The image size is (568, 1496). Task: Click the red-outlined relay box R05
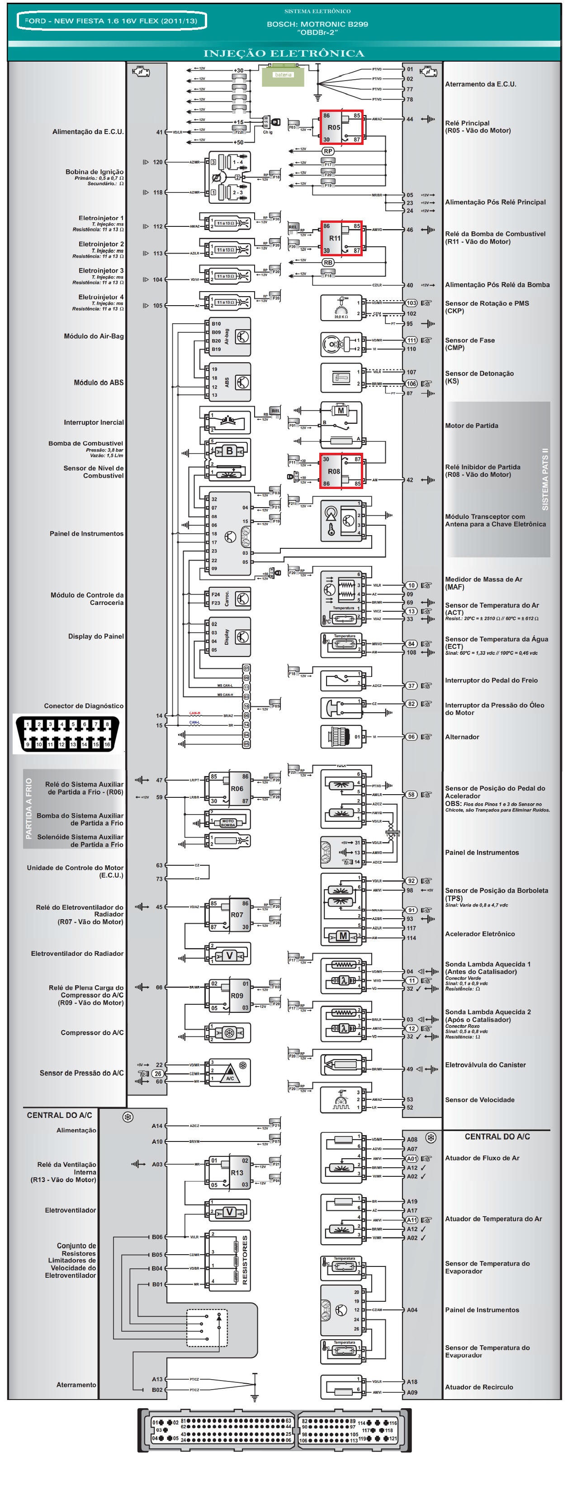[342, 127]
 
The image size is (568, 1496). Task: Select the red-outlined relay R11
[342, 238]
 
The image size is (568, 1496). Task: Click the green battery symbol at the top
[283, 76]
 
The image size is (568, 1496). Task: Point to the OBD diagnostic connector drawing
[67, 734]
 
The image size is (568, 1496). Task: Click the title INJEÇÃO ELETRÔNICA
[284, 53]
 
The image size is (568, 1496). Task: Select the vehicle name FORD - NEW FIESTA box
[112, 21]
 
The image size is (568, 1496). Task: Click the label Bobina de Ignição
[94, 172]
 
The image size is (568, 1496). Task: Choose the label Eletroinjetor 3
[101, 271]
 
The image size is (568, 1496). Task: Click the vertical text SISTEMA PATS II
[545, 479]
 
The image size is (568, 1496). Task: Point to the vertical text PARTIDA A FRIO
[29, 808]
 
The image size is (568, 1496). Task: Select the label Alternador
[462, 737]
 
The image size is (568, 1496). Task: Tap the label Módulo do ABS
[98, 383]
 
